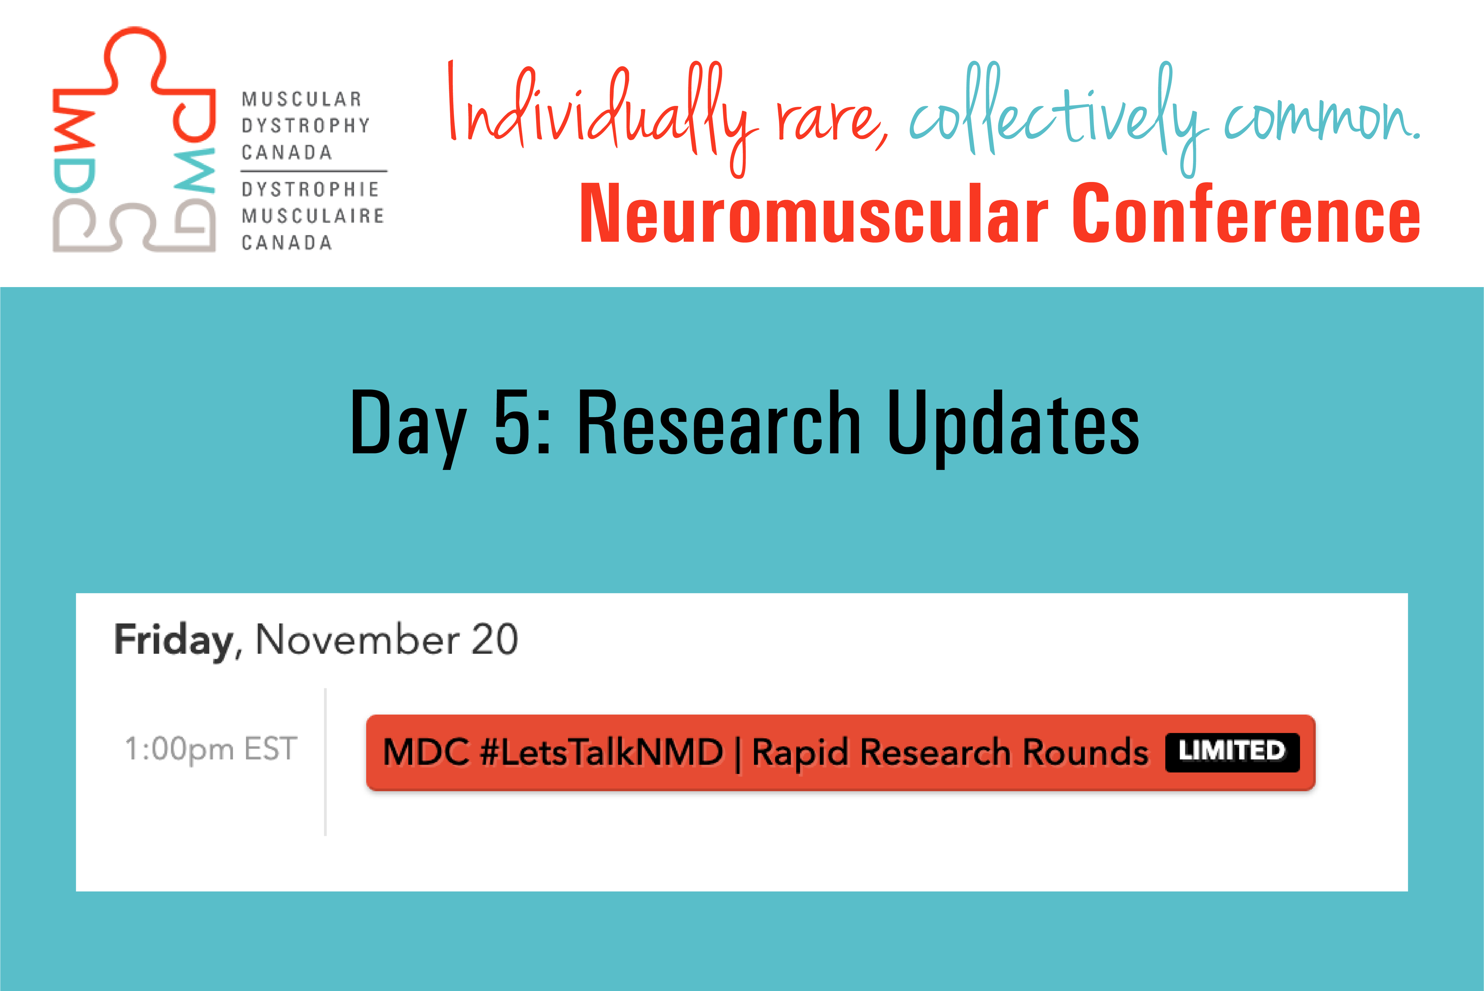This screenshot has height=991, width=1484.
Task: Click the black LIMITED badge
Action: tap(1232, 752)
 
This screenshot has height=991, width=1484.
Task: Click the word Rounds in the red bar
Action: tap(1085, 752)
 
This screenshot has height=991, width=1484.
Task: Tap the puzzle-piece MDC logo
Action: tap(134, 139)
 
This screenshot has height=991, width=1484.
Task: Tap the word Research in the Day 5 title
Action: tap(719, 422)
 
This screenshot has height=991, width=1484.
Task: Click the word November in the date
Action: tap(358, 640)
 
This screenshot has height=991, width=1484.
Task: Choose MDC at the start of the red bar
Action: tap(426, 752)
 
